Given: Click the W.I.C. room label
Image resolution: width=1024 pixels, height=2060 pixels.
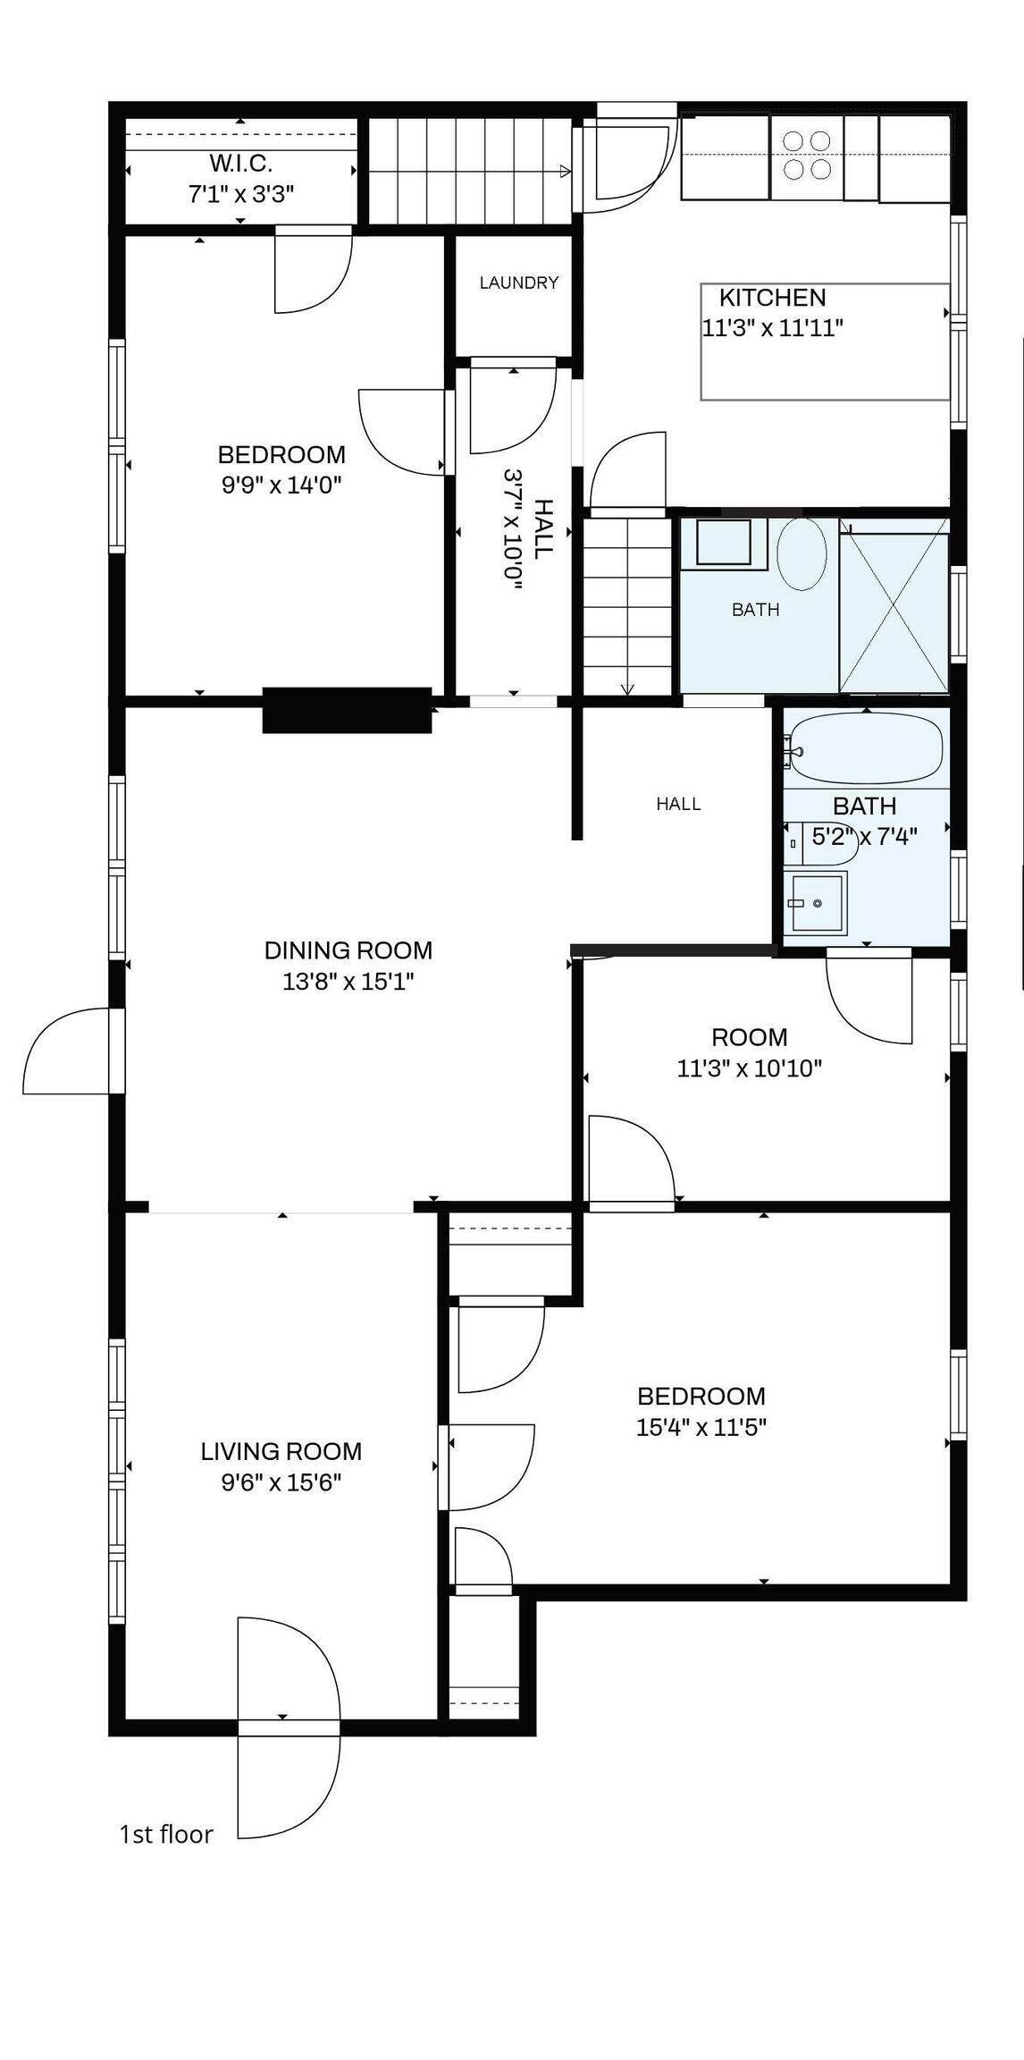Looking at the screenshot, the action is tap(240, 164).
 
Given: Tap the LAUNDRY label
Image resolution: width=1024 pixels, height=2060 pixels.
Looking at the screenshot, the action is tap(519, 283).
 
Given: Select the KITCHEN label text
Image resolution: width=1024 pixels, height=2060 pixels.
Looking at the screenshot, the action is tap(773, 298).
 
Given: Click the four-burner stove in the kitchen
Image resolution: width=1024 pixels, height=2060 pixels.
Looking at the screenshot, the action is tap(807, 156).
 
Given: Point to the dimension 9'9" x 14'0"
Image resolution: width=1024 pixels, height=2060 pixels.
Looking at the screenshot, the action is tap(282, 485).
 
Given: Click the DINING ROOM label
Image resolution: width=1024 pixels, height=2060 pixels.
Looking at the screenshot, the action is tap(348, 950).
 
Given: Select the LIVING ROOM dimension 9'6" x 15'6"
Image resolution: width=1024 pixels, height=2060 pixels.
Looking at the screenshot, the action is tap(281, 1482).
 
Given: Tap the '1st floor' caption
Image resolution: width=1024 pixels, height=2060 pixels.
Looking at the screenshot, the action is tap(167, 1835).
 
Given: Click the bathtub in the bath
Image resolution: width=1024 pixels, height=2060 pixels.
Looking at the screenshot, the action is tap(867, 748).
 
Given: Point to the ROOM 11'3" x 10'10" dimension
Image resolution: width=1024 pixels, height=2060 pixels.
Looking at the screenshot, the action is tap(750, 1068).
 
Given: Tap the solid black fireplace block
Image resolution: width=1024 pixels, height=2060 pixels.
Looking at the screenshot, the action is tap(348, 711).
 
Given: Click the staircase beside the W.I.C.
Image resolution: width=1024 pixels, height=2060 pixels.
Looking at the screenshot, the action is tap(470, 171).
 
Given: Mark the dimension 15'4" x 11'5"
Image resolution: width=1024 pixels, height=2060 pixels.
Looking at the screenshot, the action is tap(701, 1427).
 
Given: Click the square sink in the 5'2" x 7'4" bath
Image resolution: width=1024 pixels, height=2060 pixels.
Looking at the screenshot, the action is tap(817, 904).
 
